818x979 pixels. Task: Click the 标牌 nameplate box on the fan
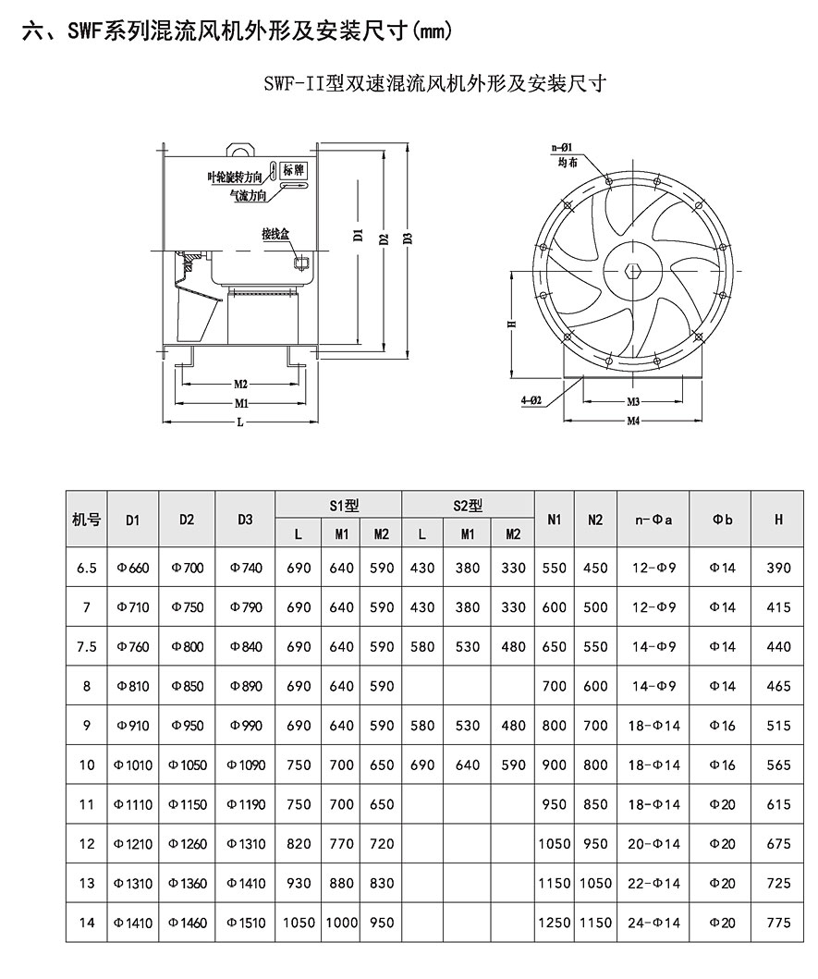(x=294, y=170)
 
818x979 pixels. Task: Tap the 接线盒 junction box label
(x=275, y=235)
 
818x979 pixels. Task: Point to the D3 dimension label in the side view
(x=407, y=238)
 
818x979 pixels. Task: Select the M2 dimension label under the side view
(x=240, y=384)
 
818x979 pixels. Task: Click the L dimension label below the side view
(x=240, y=422)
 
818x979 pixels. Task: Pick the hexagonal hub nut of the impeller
(x=634, y=272)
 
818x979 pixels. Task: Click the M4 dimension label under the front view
(x=634, y=421)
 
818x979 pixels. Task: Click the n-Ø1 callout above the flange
(x=563, y=147)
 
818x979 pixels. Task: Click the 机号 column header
(x=86, y=520)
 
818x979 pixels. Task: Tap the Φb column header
(x=722, y=520)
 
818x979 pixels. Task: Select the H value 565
(x=779, y=765)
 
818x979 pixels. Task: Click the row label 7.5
(x=86, y=646)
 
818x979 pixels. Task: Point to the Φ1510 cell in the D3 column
(x=244, y=923)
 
